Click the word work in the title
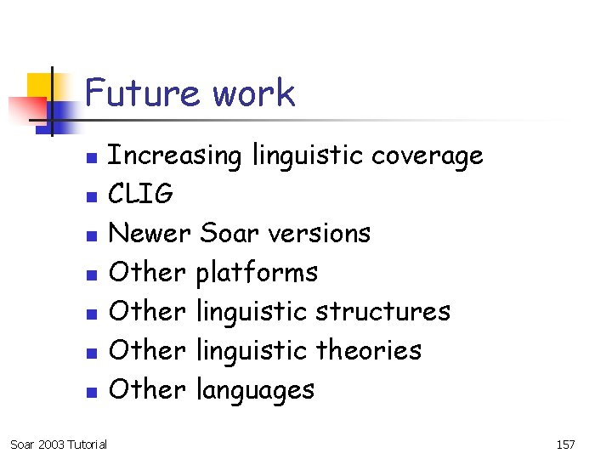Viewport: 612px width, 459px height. point(253,93)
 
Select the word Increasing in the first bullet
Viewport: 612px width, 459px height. point(176,156)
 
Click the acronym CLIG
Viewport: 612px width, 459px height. point(142,195)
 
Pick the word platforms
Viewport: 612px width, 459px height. point(257,273)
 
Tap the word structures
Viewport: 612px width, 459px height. point(382,311)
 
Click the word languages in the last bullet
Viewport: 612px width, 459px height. point(255,390)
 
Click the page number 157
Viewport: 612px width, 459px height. point(565,445)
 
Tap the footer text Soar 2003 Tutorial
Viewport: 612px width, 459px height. point(59,445)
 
